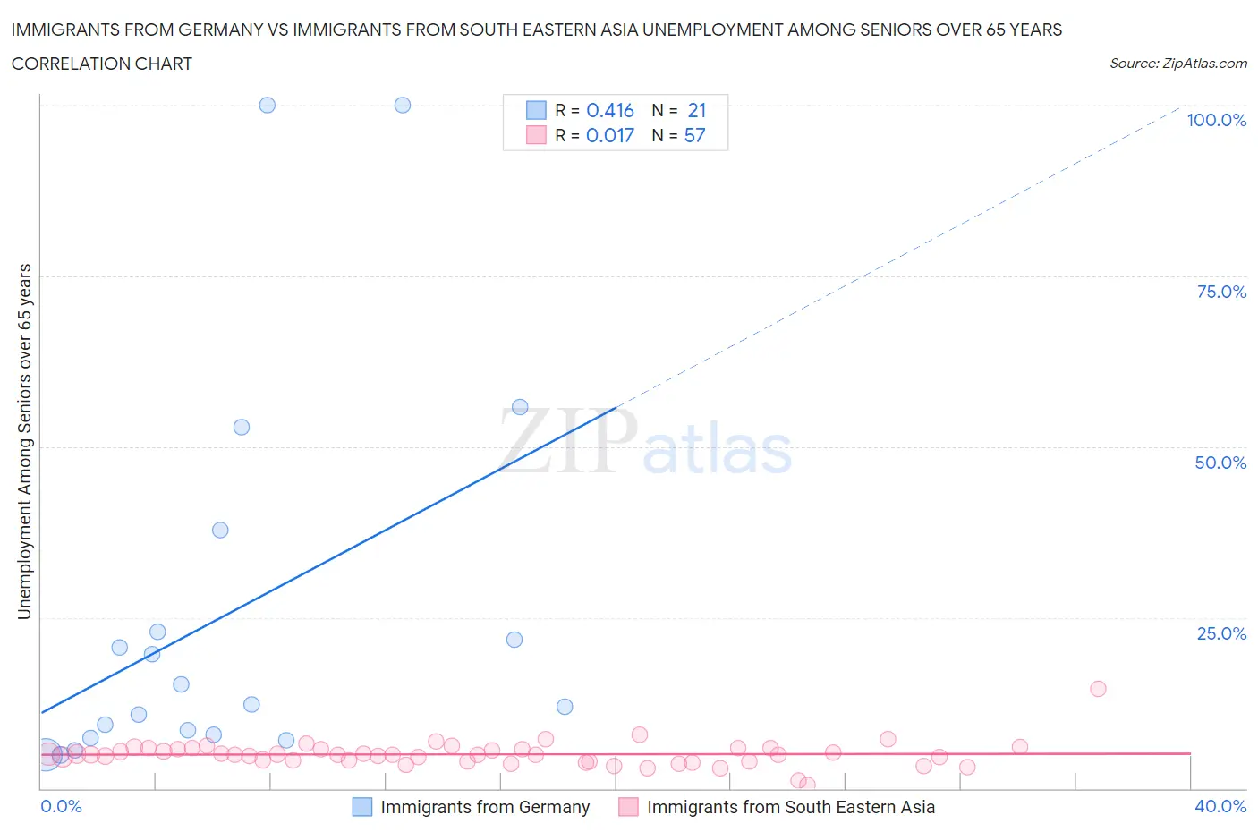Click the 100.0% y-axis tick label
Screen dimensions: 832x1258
1216,120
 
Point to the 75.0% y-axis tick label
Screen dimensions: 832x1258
1221,292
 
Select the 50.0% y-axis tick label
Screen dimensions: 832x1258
1220,463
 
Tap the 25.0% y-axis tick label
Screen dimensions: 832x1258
1221,633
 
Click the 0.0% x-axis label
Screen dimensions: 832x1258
61,806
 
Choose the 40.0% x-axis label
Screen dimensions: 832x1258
1220,806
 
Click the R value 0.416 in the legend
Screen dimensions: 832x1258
609,110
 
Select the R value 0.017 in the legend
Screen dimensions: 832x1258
609,135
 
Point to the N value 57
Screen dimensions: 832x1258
694,135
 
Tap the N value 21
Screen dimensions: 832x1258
696,110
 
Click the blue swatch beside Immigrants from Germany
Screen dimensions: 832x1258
361,807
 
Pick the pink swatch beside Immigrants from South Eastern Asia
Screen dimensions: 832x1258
628,807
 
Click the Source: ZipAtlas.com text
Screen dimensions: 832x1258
1177,63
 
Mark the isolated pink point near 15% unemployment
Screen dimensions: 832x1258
1098,689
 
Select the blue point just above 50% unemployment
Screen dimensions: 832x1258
242,427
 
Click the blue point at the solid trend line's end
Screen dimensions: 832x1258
520,407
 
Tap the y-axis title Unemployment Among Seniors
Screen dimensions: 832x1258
24,441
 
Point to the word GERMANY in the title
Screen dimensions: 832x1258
220,30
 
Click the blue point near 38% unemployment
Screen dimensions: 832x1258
220,530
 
